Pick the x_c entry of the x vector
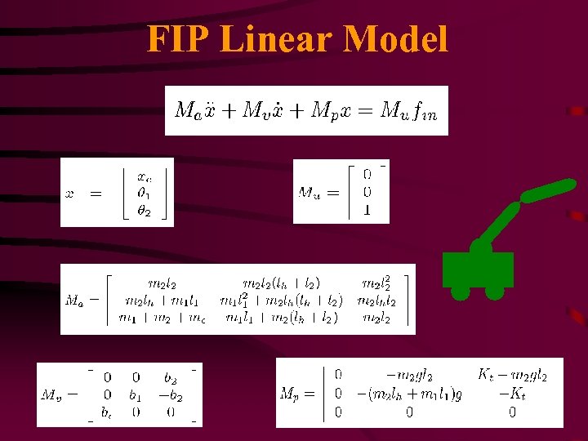145,176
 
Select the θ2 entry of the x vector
145,211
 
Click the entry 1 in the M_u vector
366,210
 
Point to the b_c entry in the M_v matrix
107,412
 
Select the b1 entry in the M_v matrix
136,395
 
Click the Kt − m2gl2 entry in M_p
512,376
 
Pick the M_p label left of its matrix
294,394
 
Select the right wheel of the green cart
494,292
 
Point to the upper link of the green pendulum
550,191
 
